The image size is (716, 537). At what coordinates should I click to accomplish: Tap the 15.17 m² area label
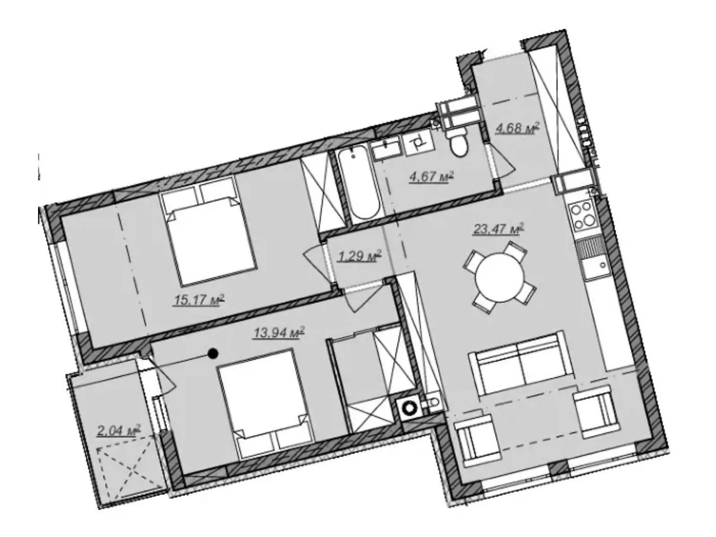point(199,299)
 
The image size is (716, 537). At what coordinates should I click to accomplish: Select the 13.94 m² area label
point(279,332)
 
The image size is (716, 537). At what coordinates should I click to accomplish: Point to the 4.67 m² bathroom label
point(431,177)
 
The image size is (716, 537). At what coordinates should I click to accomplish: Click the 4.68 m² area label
point(517,128)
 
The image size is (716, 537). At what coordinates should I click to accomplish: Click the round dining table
point(499,278)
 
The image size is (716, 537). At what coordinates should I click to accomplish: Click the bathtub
point(360,186)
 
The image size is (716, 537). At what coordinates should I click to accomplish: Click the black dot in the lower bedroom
point(213,353)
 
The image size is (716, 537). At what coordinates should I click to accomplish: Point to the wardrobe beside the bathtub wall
point(318,194)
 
